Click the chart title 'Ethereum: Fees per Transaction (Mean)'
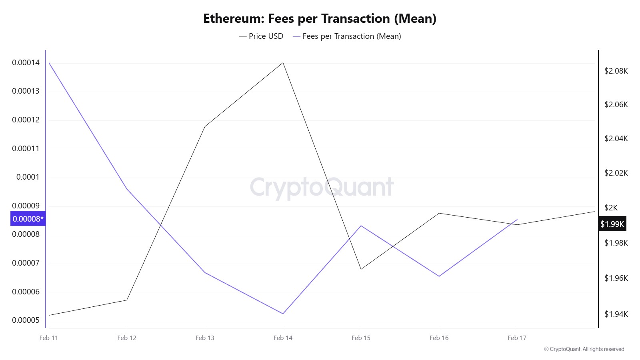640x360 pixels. click(320, 19)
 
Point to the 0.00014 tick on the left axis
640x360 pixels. click(26, 62)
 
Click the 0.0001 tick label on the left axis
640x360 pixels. click(28, 177)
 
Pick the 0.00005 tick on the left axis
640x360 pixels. click(26, 320)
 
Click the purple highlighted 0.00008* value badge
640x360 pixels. click(28, 219)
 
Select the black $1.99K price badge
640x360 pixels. click(612, 224)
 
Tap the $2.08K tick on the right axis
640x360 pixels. click(616, 71)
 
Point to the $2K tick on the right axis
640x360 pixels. click(611, 208)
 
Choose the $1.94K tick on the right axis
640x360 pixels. click(616, 314)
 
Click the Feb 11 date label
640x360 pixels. click(49, 338)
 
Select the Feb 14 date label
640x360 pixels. click(283, 338)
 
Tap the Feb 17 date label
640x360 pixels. click(517, 338)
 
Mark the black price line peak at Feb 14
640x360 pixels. click(283, 63)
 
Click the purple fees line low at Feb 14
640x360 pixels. click(283, 314)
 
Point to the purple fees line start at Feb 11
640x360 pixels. click(49, 63)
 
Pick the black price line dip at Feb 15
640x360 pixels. click(361, 269)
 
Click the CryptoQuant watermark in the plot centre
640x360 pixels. click(322, 187)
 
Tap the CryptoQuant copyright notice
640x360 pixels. click(584, 349)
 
